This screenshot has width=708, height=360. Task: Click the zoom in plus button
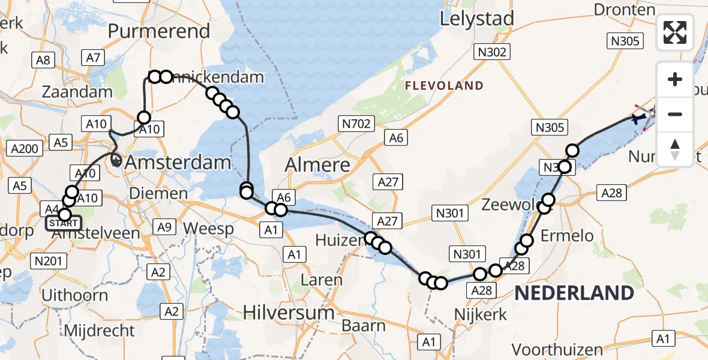pos(675,79)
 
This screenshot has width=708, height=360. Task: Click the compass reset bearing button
pos(675,149)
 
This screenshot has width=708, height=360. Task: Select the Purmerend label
pos(158,31)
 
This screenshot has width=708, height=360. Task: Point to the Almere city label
pos(318,164)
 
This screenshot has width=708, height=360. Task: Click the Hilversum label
pos(289,313)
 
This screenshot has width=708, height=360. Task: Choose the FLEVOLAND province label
pos(444,86)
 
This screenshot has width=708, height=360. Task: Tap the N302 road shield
pos(493,52)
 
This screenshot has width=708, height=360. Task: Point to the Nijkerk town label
pos(481,314)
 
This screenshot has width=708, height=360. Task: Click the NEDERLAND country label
pos(574,293)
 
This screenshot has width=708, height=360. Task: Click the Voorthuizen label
pos(558,349)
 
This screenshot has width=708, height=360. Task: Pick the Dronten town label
pos(624,10)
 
